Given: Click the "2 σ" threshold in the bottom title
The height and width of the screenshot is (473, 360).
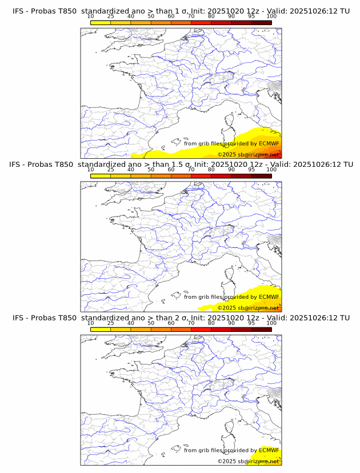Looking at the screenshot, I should pos(180,318).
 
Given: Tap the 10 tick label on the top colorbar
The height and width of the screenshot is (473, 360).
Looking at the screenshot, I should pos(90,16).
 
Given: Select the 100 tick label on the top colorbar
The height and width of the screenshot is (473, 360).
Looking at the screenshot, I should pos(271,16).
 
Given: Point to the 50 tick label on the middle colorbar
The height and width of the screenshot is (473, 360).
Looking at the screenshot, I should pos(151,170).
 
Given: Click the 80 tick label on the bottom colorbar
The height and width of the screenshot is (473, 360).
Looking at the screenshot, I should pos(211,323).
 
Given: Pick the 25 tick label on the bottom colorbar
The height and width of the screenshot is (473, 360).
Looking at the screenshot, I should pos(110,323).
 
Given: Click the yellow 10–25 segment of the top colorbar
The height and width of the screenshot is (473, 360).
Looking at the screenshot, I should pos(100,22).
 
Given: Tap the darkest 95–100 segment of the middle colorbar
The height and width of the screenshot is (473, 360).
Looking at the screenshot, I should pos(261,176).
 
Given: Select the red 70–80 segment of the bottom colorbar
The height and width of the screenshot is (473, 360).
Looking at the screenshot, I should pos(201,330).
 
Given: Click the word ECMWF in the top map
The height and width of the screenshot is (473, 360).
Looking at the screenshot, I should pos(269,143).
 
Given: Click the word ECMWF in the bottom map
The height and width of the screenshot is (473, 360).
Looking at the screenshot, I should pos(269,450).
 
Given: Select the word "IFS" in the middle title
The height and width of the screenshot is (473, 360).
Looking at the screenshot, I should pos(19,165).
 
